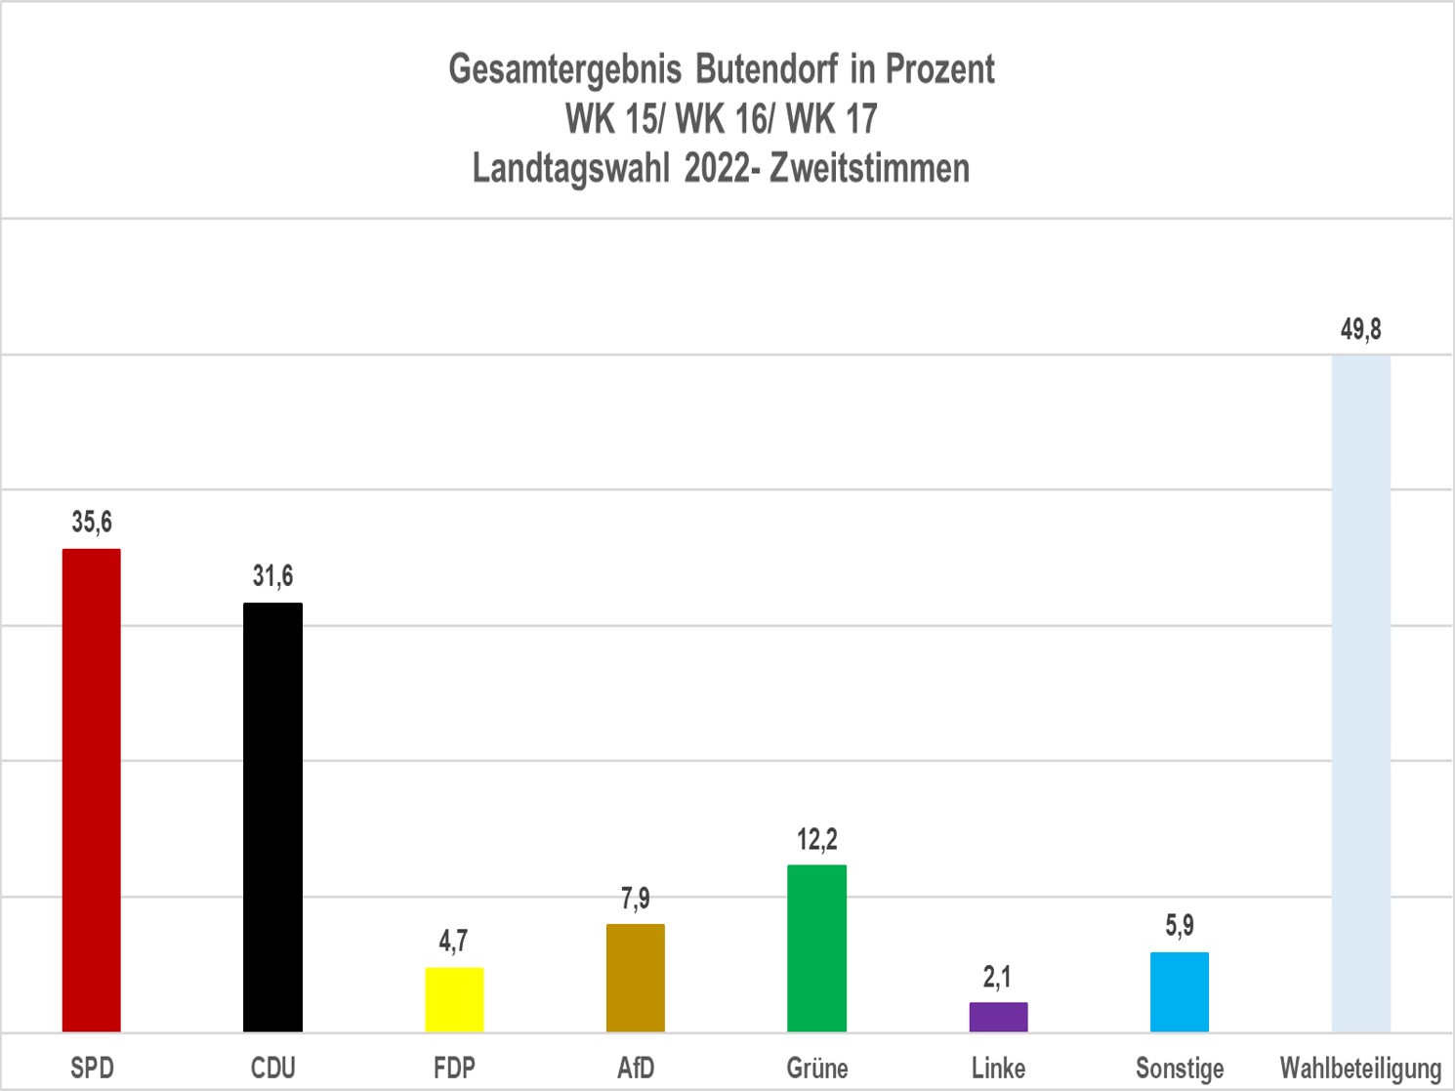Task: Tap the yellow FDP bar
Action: click(x=454, y=999)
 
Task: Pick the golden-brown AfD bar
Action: click(x=636, y=978)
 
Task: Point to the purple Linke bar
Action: click(x=998, y=1017)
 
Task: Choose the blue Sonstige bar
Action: click(x=1180, y=991)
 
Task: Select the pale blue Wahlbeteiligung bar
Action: click(x=1361, y=693)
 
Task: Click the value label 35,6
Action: click(x=92, y=523)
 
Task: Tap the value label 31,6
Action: click(x=272, y=576)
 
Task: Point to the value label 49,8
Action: click(x=1361, y=330)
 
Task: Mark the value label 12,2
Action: click(x=816, y=839)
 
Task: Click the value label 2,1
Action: click(x=997, y=977)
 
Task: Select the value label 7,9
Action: click(x=636, y=898)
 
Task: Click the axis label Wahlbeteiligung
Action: click(x=1360, y=1068)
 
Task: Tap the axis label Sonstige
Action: click(x=1180, y=1068)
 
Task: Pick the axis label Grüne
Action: click(x=816, y=1068)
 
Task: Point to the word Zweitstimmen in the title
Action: click(x=869, y=168)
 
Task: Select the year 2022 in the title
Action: click(x=717, y=168)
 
